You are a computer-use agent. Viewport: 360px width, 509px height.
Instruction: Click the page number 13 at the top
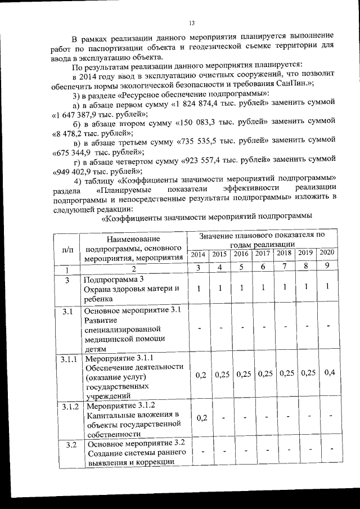pyautogui.click(x=191, y=23)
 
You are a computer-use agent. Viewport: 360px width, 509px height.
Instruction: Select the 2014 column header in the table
pyautogui.click(x=198, y=254)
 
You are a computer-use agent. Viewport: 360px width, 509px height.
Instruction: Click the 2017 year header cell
pyautogui.click(x=263, y=254)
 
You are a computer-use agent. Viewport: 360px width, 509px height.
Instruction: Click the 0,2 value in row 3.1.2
pyautogui.click(x=200, y=417)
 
